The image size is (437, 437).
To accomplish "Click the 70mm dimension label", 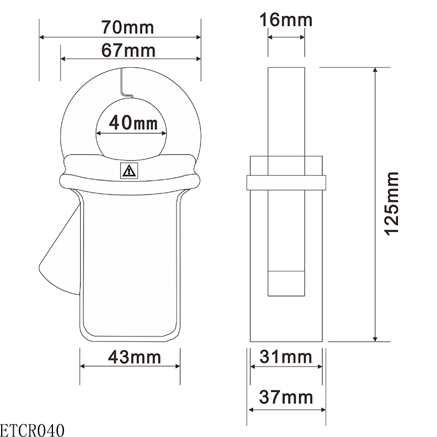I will (x=128, y=26).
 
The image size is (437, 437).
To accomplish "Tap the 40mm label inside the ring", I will (x=133, y=122).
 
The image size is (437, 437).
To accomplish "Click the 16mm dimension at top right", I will (x=286, y=20).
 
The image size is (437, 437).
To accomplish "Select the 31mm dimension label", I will (x=286, y=357).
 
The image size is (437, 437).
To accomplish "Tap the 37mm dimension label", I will (x=286, y=397).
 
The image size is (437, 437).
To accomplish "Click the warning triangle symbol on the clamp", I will (x=129, y=172).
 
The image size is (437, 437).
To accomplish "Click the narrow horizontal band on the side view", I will (x=286, y=182).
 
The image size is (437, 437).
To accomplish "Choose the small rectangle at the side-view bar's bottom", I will (x=286, y=283).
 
